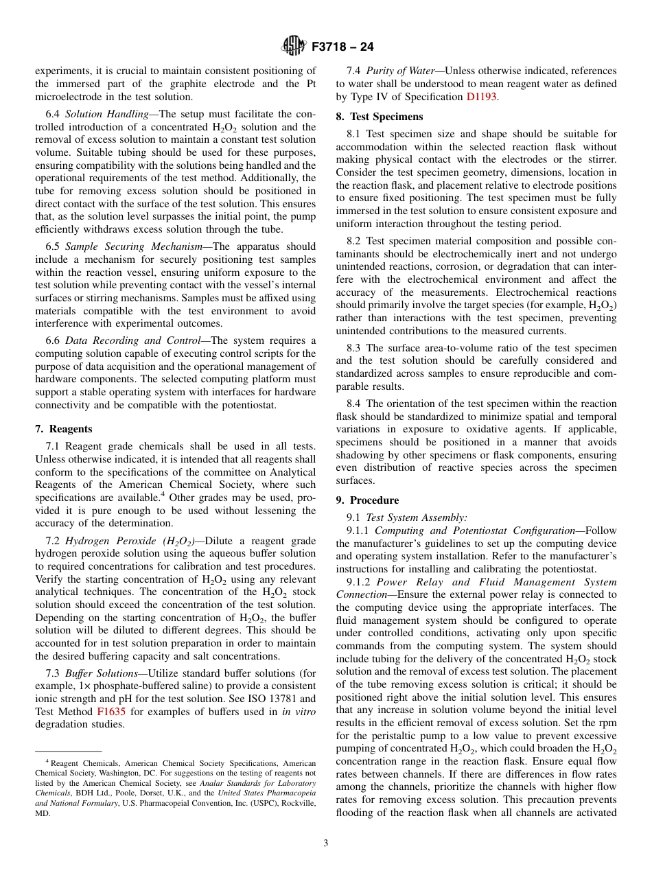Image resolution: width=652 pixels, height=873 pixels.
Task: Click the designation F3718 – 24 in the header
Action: pyautogui.click(x=342, y=47)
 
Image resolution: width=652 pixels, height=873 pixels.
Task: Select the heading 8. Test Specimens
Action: pyautogui.click(x=380, y=117)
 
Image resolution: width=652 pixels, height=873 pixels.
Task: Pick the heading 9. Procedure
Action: pyautogui.click(x=367, y=500)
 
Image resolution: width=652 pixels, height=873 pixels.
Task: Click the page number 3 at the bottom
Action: pyautogui.click(x=325, y=843)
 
